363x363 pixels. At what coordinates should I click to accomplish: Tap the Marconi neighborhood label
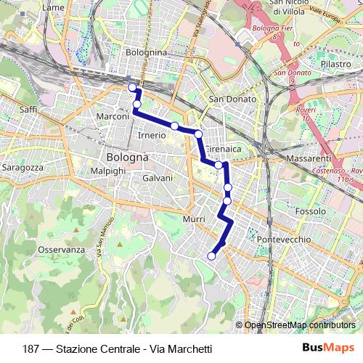[113, 116]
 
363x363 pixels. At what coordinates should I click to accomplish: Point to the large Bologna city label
[127, 157]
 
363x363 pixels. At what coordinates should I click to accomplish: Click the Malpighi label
[108, 170]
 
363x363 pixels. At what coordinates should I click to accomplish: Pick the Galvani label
[158, 178]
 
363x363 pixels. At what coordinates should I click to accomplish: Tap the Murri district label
[195, 219]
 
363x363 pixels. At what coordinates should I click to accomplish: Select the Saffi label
[28, 109]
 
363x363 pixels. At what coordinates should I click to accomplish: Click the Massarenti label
[308, 158]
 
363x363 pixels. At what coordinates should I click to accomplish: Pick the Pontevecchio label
[284, 239]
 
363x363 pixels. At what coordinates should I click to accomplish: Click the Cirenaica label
[228, 149]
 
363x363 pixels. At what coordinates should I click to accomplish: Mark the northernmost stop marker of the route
[132, 88]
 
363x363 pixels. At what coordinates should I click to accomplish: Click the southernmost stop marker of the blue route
[212, 256]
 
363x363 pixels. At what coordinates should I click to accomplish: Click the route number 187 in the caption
[31, 348]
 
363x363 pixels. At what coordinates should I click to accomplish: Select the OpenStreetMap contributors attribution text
[300, 325]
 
